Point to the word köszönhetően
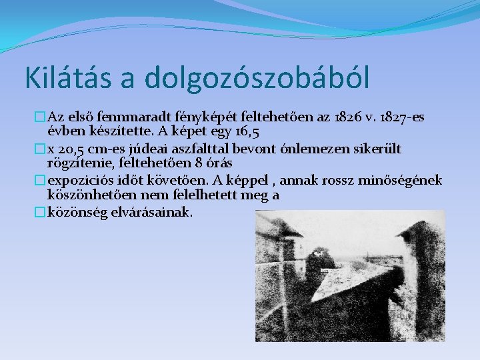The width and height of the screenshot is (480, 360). tap(89, 195)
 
